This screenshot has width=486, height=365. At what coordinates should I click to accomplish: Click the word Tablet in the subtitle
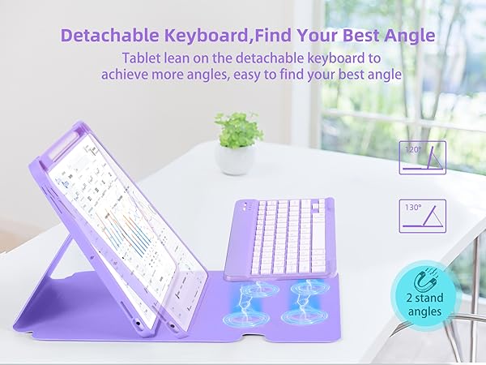(145, 58)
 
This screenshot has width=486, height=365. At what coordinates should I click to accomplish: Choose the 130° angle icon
(422, 216)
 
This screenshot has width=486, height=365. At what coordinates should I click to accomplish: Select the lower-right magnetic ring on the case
(312, 318)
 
